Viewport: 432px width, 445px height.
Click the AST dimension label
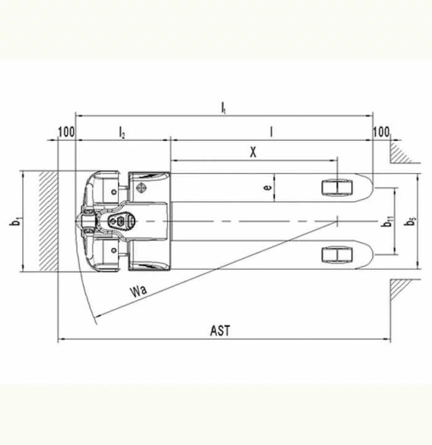point(220,331)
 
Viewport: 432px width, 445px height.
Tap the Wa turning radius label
point(138,291)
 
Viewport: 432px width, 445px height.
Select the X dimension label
point(253,152)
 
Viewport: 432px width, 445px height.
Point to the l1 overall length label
point(223,108)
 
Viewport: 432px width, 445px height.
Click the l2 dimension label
point(122,133)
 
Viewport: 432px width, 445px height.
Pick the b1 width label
point(15,221)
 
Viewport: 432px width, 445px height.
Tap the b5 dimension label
point(410,222)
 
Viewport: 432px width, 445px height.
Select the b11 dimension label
point(388,222)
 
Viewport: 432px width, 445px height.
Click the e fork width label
point(267,187)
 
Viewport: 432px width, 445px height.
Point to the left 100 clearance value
point(67,132)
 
